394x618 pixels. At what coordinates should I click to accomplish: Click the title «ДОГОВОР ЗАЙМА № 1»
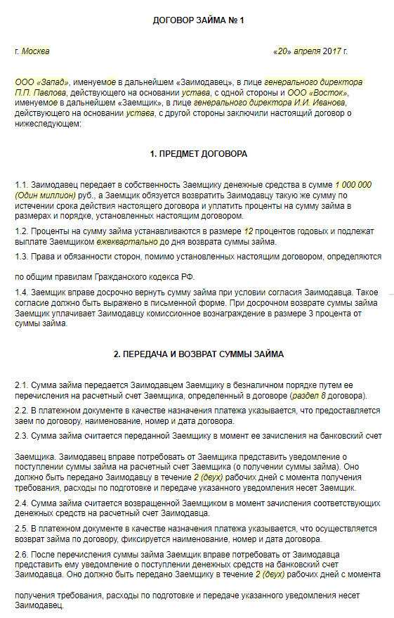(x=198, y=20)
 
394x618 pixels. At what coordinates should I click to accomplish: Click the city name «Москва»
(x=36, y=51)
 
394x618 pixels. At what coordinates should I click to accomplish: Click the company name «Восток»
(x=329, y=93)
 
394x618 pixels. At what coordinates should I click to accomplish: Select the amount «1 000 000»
(x=353, y=185)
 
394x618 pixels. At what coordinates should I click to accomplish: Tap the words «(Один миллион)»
(x=44, y=195)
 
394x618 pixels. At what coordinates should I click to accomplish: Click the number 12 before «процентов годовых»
(x=247, y=231)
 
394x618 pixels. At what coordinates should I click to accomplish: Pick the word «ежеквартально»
(x=106, y=242)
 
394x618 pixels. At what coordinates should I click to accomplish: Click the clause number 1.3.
(x=22, y=257)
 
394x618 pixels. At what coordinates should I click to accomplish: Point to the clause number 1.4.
(x=22, y=292)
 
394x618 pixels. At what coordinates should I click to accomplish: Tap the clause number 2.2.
(x=22, y=411)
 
